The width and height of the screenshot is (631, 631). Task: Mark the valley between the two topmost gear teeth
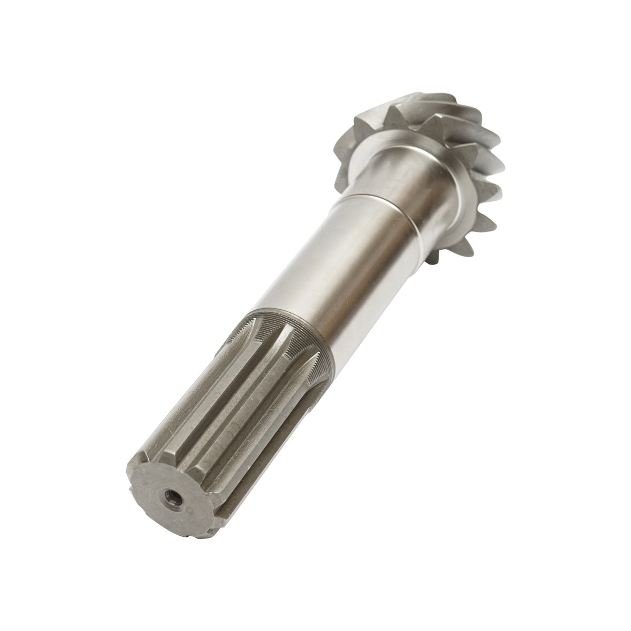click(x=421, y=113)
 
